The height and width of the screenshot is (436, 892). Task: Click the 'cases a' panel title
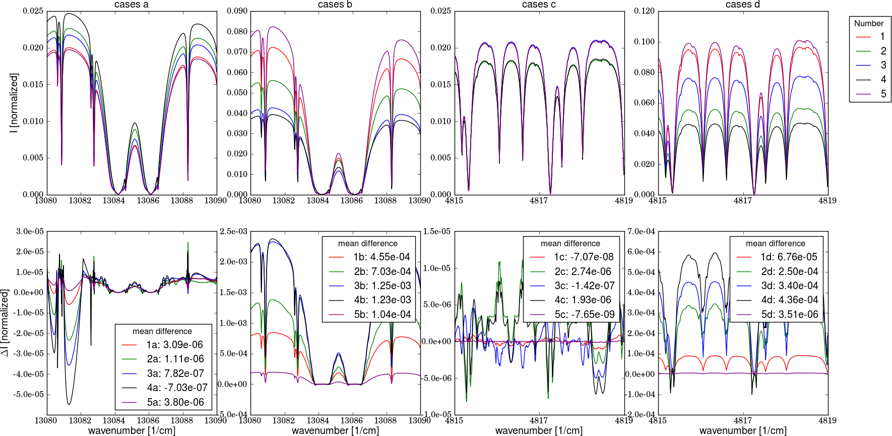click(132, 5)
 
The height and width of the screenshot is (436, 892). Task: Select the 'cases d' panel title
click(742, 5)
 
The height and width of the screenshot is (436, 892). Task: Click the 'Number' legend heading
click(869, 23)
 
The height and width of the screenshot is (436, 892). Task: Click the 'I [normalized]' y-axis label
click(14, 102)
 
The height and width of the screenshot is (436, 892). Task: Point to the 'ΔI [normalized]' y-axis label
click(5, 323)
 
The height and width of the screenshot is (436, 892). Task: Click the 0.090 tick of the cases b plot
click(237, 11)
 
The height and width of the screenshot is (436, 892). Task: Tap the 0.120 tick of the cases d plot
click(644, 11)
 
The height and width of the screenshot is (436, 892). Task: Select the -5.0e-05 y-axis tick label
click(30, 395)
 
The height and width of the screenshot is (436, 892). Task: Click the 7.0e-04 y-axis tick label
click(641, 232)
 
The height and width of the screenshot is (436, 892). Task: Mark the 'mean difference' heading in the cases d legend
click(775, 243)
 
